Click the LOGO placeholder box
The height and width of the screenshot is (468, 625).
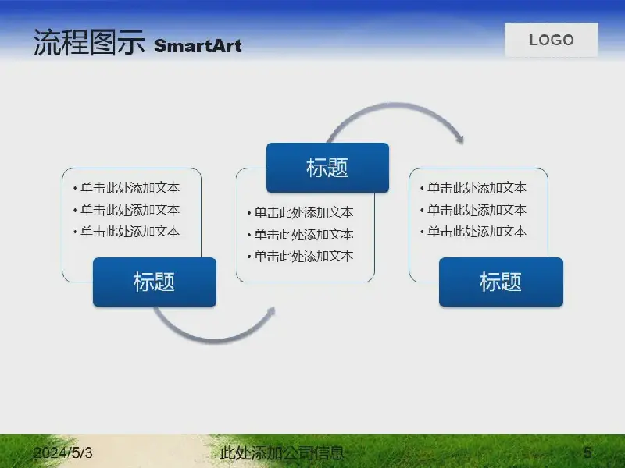(x=552, y=40)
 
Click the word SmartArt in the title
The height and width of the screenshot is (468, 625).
(x=198, y=46)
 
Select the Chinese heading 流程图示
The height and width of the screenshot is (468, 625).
(x=89, y=42)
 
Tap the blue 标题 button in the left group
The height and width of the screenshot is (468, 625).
(x=155, y=282)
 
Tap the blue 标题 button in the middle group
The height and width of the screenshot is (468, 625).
(x=327, y=168)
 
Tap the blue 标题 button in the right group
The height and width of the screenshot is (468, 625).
(x=501, y=282)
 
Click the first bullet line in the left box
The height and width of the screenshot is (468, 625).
(x=127, y=187)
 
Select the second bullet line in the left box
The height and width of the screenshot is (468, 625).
(x=127, y=210)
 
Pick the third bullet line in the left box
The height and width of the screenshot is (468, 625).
(x=127, y=231)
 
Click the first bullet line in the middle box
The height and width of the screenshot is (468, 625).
(x=301, y=212)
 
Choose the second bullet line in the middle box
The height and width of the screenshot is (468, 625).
(x=301, y=235)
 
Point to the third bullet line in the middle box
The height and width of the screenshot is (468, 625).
(x=301, y=256)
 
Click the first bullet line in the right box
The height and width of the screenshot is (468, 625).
(x=473, y=187)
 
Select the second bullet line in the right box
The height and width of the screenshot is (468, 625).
(x=473, y=210)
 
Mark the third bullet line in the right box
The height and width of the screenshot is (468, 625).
(x=473, y=231)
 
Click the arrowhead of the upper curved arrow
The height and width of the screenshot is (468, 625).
(x=459, y=137)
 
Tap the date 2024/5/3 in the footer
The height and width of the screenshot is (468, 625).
(x=63, y=452)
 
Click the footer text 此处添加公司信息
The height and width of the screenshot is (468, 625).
(x=282, y=452)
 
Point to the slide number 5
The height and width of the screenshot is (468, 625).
(x=587, y=452)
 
